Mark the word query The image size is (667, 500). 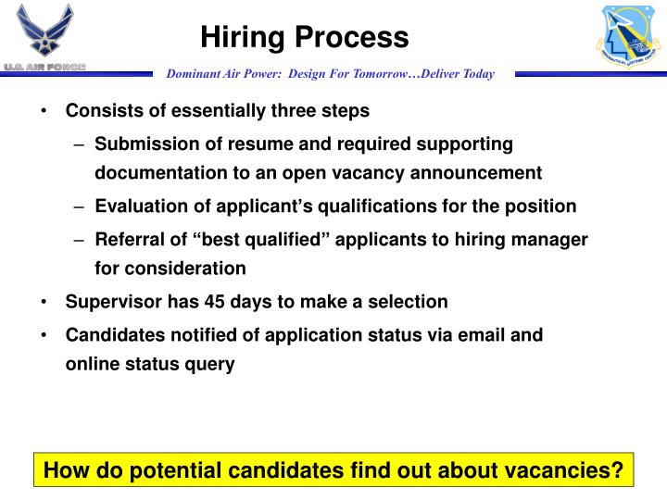[213, 364]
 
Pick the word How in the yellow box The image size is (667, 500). [65, 471]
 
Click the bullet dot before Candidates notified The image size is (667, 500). [45, 334]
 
